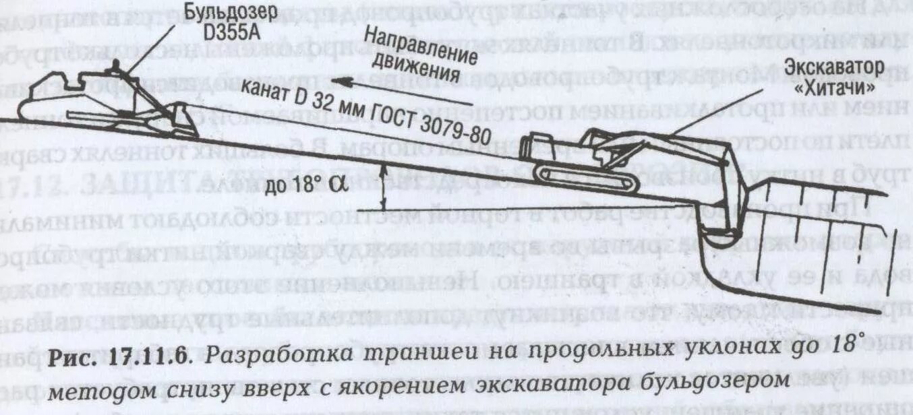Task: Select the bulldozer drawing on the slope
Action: (x=108, y=104)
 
